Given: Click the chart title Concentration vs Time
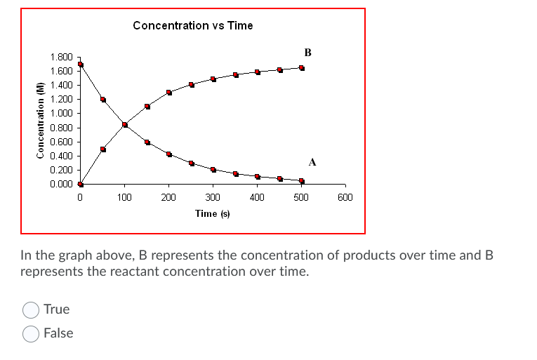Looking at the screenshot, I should click(192, 25).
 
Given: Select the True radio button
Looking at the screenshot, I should click(31, 309).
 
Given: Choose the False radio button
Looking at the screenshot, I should click(31, 333).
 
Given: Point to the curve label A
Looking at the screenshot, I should click(312, 162).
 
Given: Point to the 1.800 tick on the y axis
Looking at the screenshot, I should click(61, 57).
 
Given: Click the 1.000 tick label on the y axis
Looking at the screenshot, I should click(61, 114).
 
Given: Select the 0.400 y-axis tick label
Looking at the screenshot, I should click(61, 156).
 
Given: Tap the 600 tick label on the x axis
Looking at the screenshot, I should click(345, 198).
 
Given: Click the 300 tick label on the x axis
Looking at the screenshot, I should click(213, 198).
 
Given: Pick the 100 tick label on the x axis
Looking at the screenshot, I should click(124, 198).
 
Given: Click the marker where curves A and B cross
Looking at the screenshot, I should click(125, 125).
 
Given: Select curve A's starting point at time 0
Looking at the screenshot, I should click(81, 65).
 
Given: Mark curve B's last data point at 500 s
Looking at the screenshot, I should click(302, 68).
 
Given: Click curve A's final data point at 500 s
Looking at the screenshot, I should click(302, 181).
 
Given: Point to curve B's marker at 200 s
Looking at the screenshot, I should click(169, 93).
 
